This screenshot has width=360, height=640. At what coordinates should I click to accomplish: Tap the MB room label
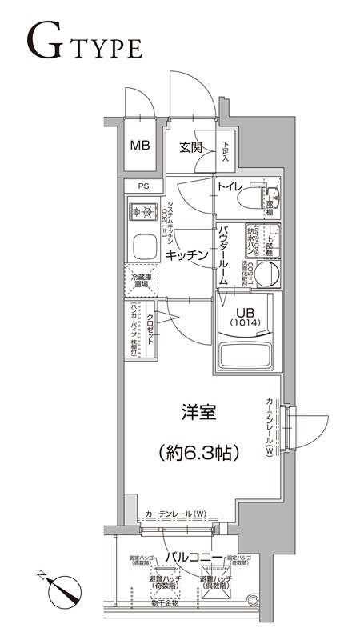click(x=140, y=146)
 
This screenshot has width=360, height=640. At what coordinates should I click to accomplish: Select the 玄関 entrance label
click(x=190, y=147)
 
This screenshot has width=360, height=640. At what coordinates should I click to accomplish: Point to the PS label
click(x=143, y=186)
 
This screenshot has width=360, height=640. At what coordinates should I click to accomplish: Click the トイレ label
click(x=230, y=188)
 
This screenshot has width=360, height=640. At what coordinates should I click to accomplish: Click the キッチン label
click(x=187, y=254)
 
